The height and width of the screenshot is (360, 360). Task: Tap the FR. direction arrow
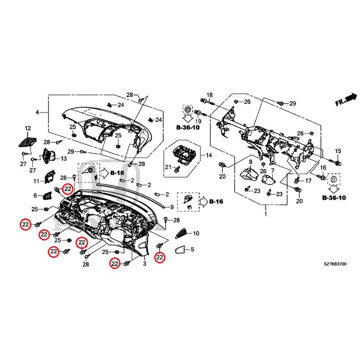[346, 99]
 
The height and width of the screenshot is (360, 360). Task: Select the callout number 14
[208, 156]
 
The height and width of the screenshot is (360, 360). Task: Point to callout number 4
[38, 112]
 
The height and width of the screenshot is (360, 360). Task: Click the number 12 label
[27, 128]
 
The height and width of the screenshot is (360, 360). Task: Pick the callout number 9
[171, 207]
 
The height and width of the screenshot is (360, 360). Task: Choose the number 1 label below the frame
[265, 216]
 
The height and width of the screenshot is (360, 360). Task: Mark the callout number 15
[338, 150]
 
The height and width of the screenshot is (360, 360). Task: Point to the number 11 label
[37, 181]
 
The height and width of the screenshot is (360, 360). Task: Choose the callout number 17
[308, 181]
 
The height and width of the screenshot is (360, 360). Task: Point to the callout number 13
[63, 159]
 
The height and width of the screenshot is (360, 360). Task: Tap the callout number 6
[36, 196]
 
